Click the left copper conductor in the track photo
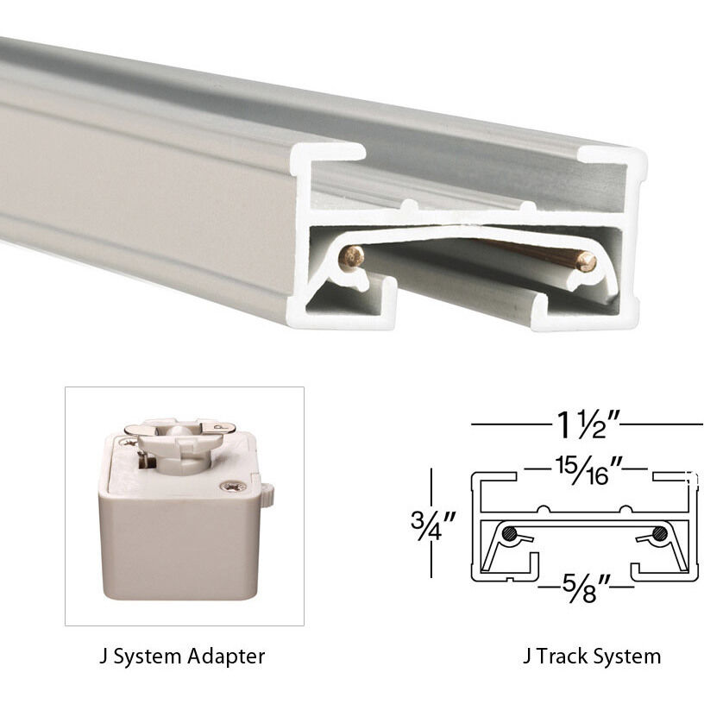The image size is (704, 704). [x=352, y=256]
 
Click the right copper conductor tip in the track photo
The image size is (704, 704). [x=587, y=261]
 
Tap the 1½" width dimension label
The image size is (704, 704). [x=587, y=424]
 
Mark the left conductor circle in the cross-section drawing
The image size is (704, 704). [x=511, y=533]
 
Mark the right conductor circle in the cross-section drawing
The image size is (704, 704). [x=659, y=533]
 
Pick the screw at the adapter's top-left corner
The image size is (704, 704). [x=129, y=442]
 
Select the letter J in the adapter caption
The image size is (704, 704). [x=104, y=657]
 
